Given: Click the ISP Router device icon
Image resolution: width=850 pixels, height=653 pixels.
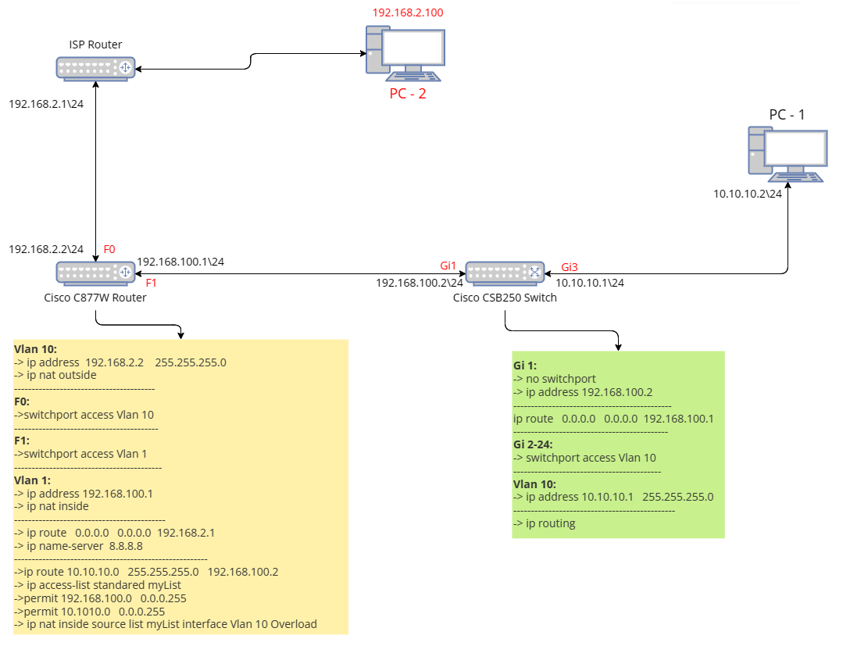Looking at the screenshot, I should click(x=95, y=68).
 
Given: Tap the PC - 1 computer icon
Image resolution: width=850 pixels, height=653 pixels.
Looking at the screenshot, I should click(x=787, y=155).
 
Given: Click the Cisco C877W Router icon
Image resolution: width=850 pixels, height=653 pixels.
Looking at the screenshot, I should click(x=95, y=272).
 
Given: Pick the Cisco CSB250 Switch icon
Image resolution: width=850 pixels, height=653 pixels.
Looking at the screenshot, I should click(x=505, y=273).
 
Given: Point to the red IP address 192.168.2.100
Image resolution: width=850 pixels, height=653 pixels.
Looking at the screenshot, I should click(x=408, y=12).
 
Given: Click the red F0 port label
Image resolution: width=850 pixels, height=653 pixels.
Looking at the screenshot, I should click(x=109, y=249).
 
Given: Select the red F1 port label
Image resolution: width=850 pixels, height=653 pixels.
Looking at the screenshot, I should click(x=151, y=283).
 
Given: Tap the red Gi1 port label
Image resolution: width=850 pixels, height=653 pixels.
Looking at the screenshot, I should click(x=448, y=266).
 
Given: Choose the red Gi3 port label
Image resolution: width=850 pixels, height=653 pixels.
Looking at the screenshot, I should click(x=570, y=266).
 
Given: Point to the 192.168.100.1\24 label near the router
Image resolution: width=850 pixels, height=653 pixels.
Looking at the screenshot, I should click(x=180, y=262).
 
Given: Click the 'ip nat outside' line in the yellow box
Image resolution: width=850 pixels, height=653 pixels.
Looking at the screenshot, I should click(x=55, y=375).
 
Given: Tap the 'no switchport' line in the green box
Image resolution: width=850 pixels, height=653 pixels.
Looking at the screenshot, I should click(x=554, y=379).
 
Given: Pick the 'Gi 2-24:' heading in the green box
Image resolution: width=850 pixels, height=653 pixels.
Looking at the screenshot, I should click(x=534, y=444).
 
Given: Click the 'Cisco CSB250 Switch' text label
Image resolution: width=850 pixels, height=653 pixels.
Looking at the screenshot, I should click(x=505, y=298).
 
